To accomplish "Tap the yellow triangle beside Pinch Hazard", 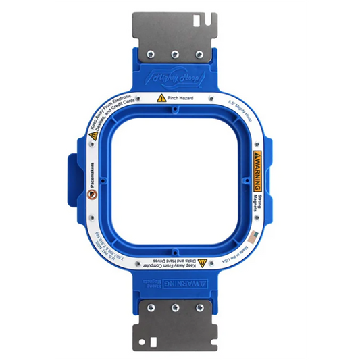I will point(161,99).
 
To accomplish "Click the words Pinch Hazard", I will point(181,99).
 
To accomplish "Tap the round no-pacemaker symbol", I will point(91,195).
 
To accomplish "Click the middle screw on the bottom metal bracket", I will point(175,307).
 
